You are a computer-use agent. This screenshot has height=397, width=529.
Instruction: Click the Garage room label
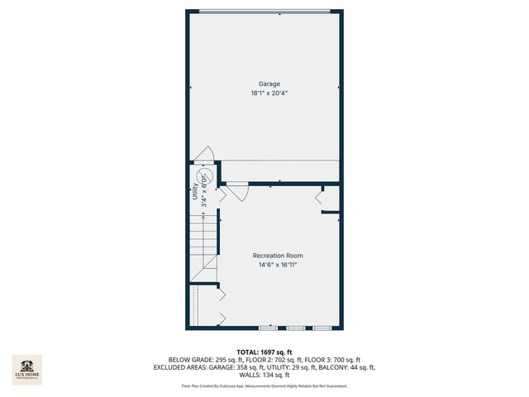(x=269, y=84)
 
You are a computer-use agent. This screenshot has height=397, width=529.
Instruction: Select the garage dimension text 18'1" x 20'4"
(x=269, y=93)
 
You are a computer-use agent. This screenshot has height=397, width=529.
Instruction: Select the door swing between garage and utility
(x=204, y=154)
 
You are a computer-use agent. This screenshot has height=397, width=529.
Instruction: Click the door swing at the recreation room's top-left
(x=236, y=192)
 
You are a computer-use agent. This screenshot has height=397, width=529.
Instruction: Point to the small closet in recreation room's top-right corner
(x=329, y=198)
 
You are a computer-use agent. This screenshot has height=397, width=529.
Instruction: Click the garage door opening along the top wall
(x=269, y=12)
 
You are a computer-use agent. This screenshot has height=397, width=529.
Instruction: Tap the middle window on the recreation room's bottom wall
(x=295, y=328)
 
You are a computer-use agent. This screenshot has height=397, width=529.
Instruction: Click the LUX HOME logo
(x=26, y=369)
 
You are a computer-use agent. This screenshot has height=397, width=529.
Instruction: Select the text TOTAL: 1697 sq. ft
(x=264, y=352)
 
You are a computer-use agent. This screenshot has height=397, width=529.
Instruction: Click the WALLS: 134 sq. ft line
(x=264, y=375)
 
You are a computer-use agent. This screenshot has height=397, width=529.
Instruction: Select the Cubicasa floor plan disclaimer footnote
(x=264, y=386)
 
